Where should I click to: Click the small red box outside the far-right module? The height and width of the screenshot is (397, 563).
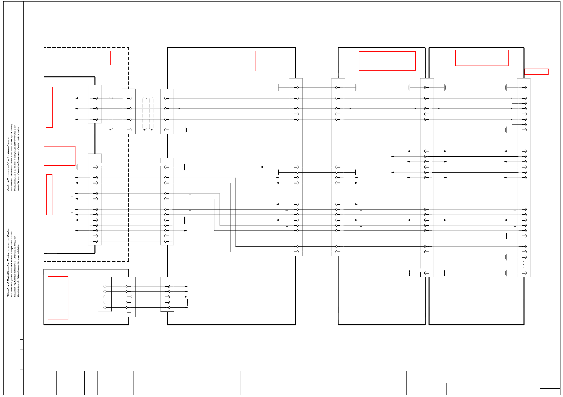pyautogui.click(x=536, y=72)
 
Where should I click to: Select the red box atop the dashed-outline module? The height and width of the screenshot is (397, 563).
pyautogui.click(x=88, y=58)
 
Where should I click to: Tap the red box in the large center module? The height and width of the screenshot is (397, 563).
pyautogui.click(x=227, y=61)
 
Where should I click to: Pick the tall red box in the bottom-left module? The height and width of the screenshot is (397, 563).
pyautogui.click(x=58, y=298)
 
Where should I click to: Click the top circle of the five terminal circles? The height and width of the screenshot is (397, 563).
pyautogui.click(x=105, y=286)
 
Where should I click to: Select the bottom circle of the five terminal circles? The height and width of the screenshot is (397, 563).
pyautogui.click(x=105, y=307)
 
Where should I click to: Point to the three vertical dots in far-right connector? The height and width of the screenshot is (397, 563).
pyautogui.click(x=524, y=264)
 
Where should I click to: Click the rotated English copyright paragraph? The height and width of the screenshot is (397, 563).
pyautogui.click(x=13, y=157)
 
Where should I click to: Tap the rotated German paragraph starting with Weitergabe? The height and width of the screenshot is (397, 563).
pyautogui.click(x=13, y=262)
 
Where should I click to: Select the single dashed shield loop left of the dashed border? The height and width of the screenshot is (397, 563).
pyautogui.click(x=111, y=113)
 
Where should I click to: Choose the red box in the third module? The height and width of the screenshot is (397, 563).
pyautogui.click(x=387, y=61)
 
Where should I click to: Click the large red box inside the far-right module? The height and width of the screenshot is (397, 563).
pyautogui.click(x=482, y=58)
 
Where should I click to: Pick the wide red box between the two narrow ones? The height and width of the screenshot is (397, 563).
pyautogui.click(x=60, y=156)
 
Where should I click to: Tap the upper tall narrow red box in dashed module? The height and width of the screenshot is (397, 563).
pyautogui.click(x=49, y=107)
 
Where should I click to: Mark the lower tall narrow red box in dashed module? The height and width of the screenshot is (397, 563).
pyautogui.click(x=49, y=195)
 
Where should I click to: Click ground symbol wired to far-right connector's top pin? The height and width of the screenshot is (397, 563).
pyautogui.click(x=506, y=88)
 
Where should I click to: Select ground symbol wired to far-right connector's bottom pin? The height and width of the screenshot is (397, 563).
pyautogui.click(x=506, y=273)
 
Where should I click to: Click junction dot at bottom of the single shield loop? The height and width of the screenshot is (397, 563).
pyautogui.click(x=111, y=130)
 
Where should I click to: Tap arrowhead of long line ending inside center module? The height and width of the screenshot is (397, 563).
pyautogui.click(x=261, y=167)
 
